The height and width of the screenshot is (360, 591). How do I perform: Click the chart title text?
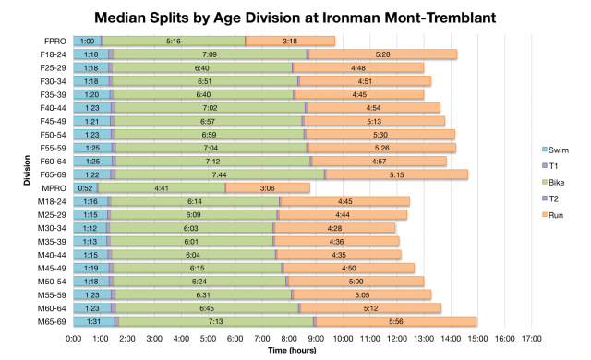(x=295, y=18)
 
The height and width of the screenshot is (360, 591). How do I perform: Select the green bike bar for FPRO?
(x=174, y=41)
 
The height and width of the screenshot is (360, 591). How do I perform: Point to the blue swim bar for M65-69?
(x=95, y=321)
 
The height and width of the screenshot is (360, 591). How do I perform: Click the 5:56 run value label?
(x=396, y=321)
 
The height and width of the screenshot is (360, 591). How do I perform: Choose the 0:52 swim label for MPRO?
(x=86, y=187)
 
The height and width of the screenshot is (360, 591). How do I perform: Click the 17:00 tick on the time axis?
(x=531, y=339)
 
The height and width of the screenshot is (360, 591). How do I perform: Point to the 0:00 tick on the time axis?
(x=75, y=339)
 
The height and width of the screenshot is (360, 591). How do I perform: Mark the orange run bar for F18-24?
(x=383, y=54)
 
